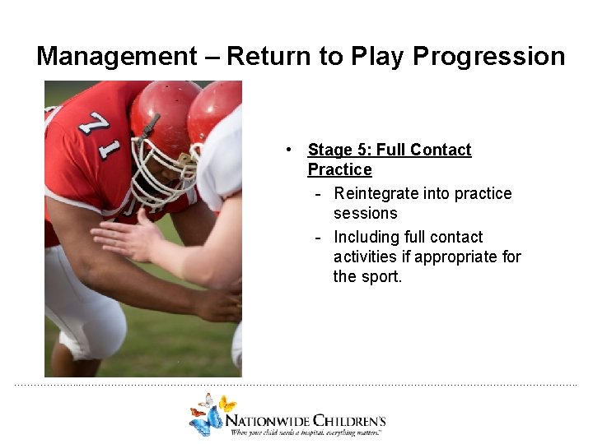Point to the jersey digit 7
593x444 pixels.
tap(98, 124)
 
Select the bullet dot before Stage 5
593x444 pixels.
tap(288, 150)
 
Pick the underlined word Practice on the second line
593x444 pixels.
tap(339, 169)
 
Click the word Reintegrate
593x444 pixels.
tap(376, 193)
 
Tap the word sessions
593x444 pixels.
tap(365, 213)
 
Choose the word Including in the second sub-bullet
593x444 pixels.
tap(367, 237)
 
